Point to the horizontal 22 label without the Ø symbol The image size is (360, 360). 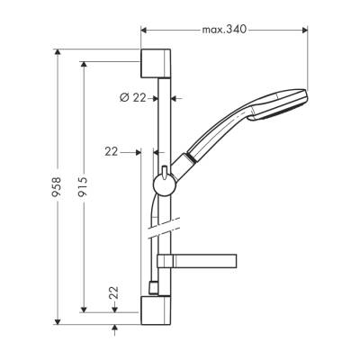click(x=112, y=152)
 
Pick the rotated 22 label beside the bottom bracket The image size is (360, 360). click(x=114, y=293)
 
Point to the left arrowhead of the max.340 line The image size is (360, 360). click(x=145, y=30)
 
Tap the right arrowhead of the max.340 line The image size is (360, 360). click(x=306, y=30)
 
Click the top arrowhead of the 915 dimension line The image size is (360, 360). click(x=83, y=64)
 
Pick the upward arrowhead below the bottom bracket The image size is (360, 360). click(x=114, y=328)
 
